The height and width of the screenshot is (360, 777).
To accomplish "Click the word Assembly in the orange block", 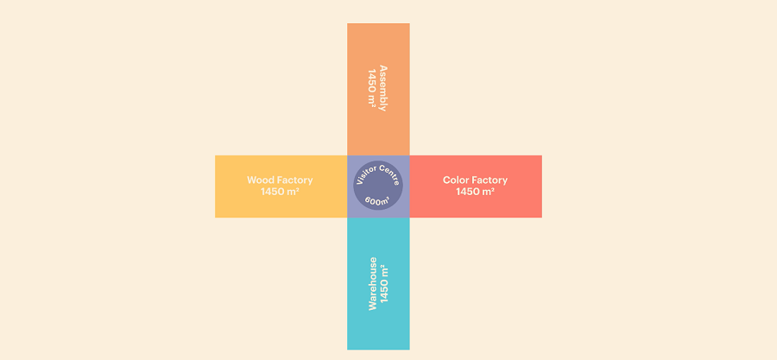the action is pyautogui.click(x=382, y=88).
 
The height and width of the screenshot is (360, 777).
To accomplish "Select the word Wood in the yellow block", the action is pyautogui.click(x=260, y=180).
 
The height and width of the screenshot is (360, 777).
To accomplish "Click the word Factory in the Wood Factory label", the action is pyautogui.click(x=294, y=180).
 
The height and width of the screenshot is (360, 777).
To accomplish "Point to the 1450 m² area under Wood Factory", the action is pyautogui.click(x=280, y=191).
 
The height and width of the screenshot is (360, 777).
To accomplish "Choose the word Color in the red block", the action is pyautogui.click(x=455, y=180).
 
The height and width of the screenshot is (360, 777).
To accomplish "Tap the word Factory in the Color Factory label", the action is pyautogui.click(x=490, y=180).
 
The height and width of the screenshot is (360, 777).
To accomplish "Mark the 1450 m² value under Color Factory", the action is pyautogui.click(x=475, y=191).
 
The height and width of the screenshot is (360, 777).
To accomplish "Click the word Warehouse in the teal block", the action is pyautogui.click(x=373, y=283).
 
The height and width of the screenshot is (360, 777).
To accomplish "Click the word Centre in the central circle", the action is pyautogui.click(x=389, y=174).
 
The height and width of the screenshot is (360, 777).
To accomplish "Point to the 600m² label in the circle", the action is pyautogui.click(x=377, y=201).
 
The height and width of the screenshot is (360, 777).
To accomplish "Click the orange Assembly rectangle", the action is pyautogui.click(x=378, y=89).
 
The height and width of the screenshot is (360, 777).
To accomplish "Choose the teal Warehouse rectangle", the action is pyautogui.click(x=378, y=284).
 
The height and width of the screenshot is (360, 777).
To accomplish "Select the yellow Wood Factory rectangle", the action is pyautogui.click(x=281, y=186).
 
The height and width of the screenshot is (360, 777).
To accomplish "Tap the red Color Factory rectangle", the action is pyautogui.click(x=476, y=186).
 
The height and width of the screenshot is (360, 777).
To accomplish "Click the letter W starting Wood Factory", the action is pyautogui.click(x=251, y=180).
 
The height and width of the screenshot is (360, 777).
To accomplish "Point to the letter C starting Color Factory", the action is pyautogui.click(x=446, y=180).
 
